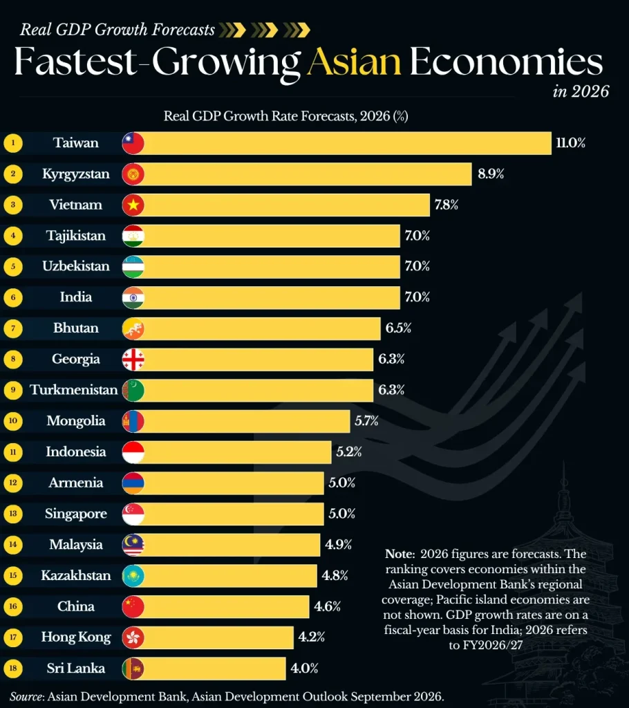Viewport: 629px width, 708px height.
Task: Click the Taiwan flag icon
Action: click(133, 143)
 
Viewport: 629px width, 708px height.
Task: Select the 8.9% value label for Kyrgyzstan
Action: click(491, 174)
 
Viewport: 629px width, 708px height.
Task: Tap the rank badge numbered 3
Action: click(13, 205)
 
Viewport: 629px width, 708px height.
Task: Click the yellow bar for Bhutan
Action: click(262, 328)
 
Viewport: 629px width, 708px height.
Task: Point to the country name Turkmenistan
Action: click(73, 390)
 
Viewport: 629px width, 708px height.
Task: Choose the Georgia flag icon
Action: click(133, 360)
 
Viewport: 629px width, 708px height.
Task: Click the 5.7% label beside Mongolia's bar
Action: click(366, 421)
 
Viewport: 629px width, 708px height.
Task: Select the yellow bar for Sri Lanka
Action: click(214, 669)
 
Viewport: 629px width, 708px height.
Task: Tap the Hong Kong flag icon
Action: click(133, 637)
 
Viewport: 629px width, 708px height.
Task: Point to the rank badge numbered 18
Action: click(13, 669)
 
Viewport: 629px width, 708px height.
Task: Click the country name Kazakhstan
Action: click(76, 575)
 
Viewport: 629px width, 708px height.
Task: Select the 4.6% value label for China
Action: click(328, 606)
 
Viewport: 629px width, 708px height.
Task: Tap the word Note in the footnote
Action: click(400, 554)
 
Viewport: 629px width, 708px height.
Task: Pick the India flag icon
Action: click(133, 297)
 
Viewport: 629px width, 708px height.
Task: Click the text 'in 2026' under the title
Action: click(581, 91)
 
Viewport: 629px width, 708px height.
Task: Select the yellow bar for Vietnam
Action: click(287, 205)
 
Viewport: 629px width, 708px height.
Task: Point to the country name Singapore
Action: click(76, 514)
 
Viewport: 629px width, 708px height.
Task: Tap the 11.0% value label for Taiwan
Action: click(571, 143)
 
